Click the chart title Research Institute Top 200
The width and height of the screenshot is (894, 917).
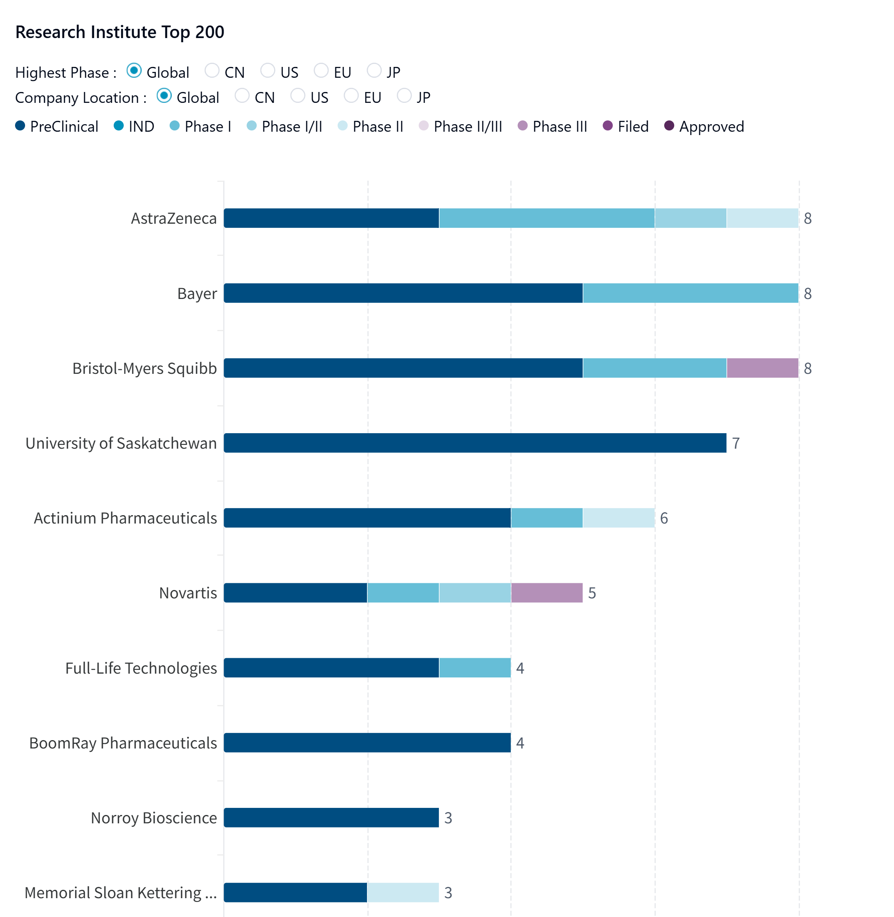pyautogui.click(x=120, y=32)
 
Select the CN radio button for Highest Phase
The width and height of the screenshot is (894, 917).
pyautogui.click(x=212, y=71)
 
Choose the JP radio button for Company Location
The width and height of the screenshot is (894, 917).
pyautogui.click(x=404, y=96)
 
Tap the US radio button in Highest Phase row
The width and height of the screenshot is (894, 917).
pyautogui.click(x=267, y=71)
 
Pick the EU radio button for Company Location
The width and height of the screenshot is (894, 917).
pyautogui.click(x=351, y=96)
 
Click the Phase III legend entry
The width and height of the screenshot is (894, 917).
pyautogui.click(x=553, y=126)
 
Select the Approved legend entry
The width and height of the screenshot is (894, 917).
pyautogui.click(x=704, y=126)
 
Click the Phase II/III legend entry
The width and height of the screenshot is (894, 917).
pyautogui.click(x=461, y=126)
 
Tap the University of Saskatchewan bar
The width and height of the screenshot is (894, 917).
pyautogui.click(x=475, y=443)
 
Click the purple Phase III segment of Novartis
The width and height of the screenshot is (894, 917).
pyautogui.click(x=547, y=593)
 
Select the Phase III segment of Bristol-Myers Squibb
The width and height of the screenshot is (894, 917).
pyautogui.click(x=762, y=368)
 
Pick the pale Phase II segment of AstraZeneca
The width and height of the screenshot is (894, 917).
pyautogui.click(x=762, y=218)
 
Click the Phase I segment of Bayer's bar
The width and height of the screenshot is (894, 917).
pyautogui.click(x=690, y=293)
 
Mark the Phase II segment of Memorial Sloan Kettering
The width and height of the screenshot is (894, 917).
pyautogui.click(x=403, y=893)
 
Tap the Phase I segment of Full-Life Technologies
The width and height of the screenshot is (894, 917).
pyautogui.click(x=475, y=667)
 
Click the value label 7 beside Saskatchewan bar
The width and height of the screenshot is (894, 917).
pyautogui.click(x=736, y=443)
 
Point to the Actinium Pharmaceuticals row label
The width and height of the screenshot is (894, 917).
pyautogui.click(x=125, y=518)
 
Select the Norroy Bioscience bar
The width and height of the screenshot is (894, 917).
pyautogui.click(x=331, y=817)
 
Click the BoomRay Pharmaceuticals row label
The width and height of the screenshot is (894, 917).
pyautogui.click(x=123, y=743)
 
